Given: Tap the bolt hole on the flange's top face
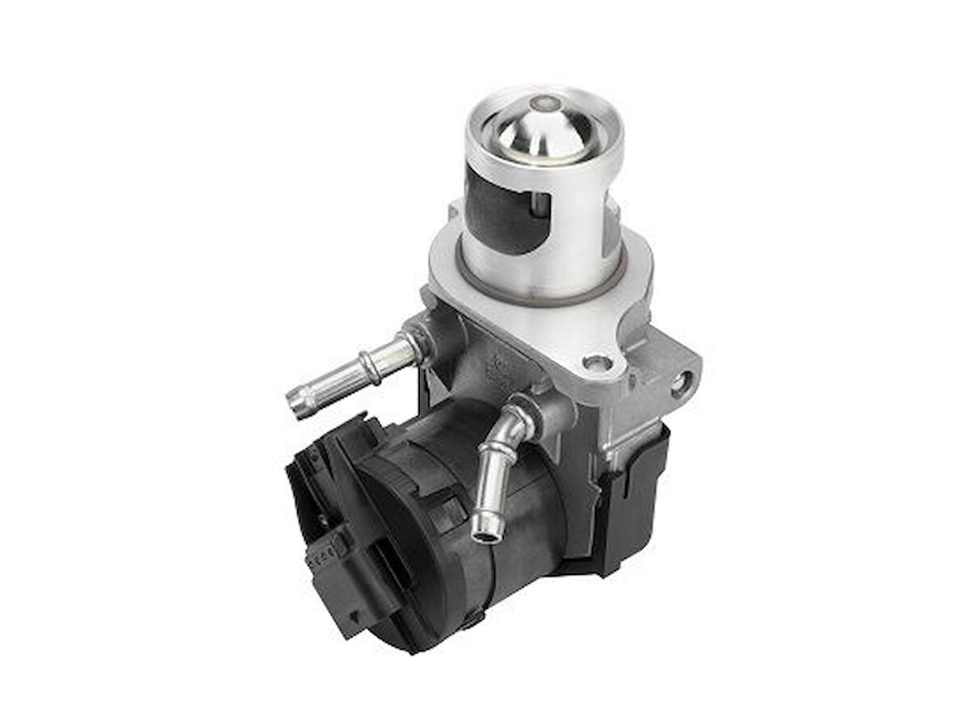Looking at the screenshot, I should point(595,363).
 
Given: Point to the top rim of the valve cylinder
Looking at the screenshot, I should point(543,90).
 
